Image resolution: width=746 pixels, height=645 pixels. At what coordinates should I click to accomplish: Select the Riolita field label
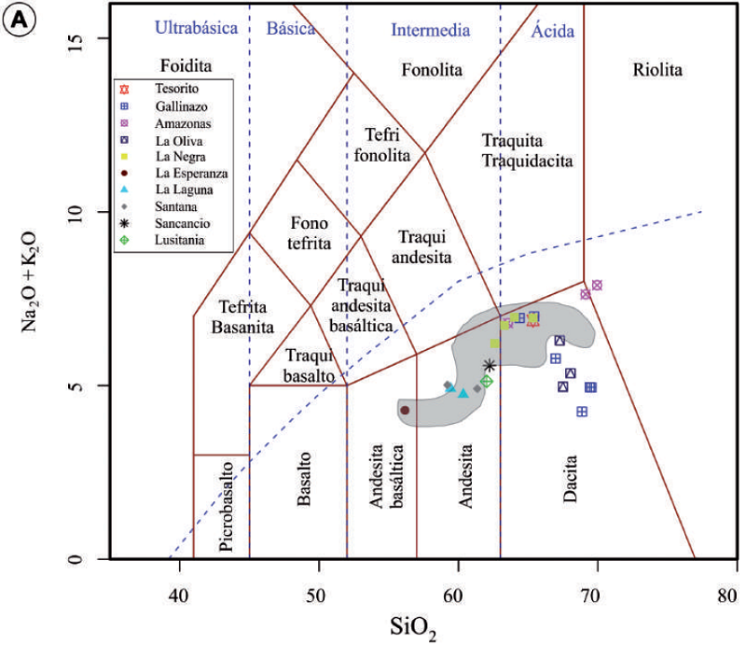pyautogui.click(x=657, y=70)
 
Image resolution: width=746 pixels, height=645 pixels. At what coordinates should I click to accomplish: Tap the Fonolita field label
pyautogui.click(x=432, y=70)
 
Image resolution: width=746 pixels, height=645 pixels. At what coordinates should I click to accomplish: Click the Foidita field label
pyautogui.click(x=186, y=66)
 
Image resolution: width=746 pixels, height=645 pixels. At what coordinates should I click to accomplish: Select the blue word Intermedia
pyautogui.click(x=430, y=30)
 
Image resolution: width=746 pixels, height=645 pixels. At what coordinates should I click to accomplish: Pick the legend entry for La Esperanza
pyautogui.click(x=192, y=174)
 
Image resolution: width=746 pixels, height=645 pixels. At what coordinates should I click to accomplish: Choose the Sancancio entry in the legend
pyautogui.click(x=184, y=225)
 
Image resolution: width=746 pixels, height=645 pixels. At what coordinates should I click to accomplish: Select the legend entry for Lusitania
pyautogui.click(x=182, y=242)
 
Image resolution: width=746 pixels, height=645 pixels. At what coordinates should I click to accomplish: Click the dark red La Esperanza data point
pyautogui.click(x=405, y=410)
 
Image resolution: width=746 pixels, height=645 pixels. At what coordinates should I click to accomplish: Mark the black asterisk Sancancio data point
pyautogui.click(x=490, y=365)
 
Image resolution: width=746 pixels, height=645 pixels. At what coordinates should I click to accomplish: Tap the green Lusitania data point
pyautogui.click(x=487, y=381)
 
